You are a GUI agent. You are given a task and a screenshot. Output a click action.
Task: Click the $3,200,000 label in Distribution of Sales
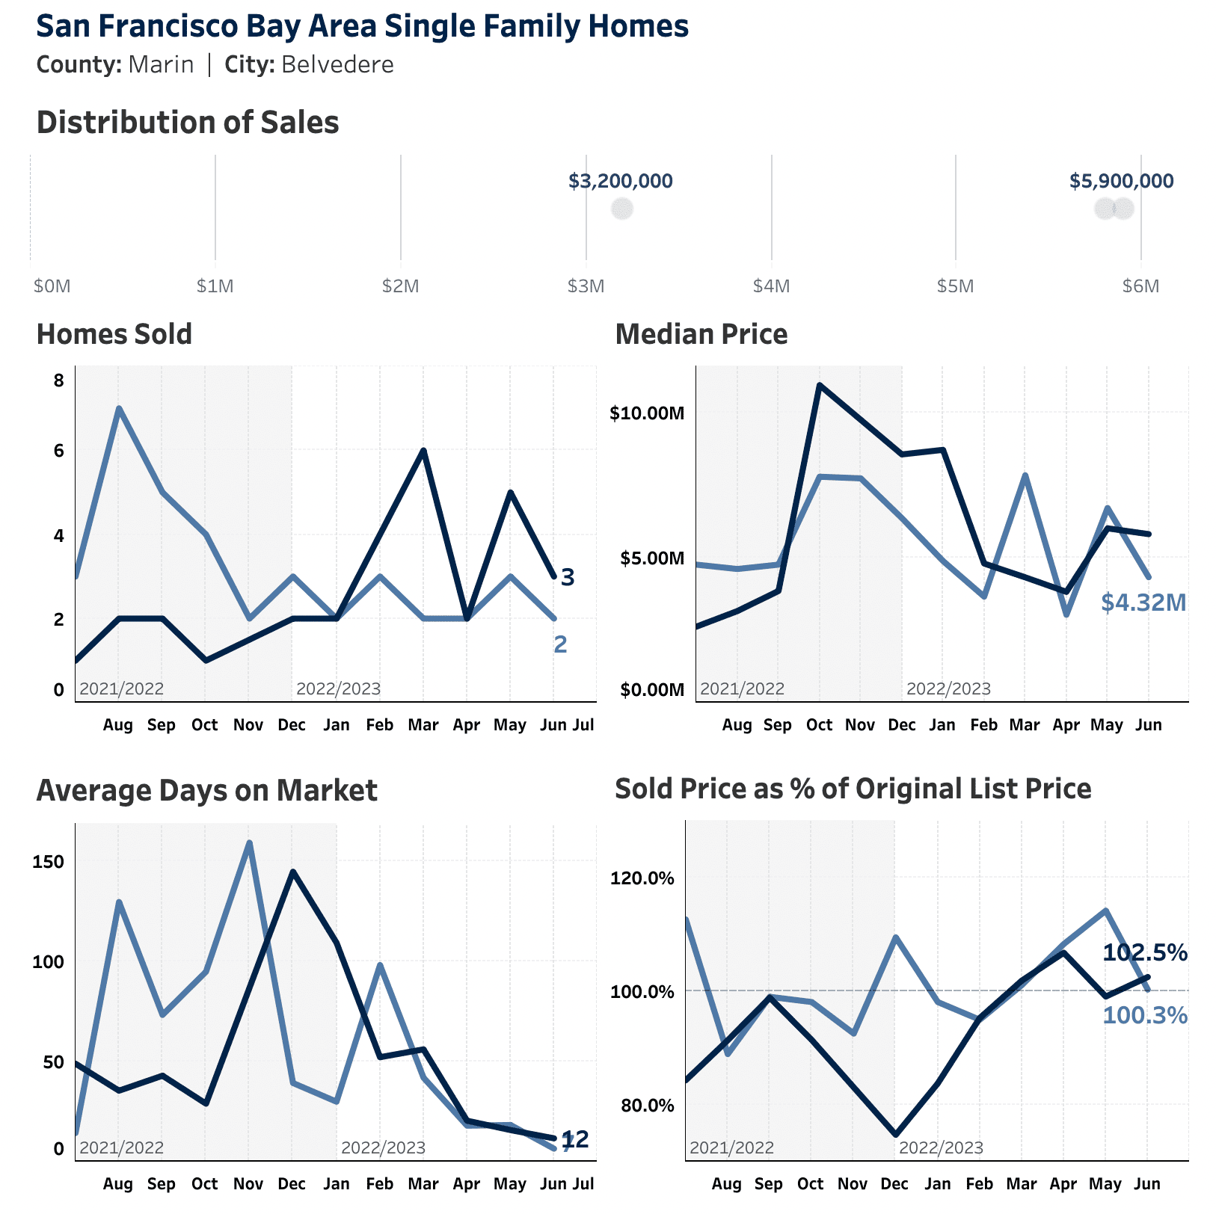pos(620,181)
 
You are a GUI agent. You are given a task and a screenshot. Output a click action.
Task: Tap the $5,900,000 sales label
pos(1121,181)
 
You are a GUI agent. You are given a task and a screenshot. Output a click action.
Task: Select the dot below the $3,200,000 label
pos(621,209)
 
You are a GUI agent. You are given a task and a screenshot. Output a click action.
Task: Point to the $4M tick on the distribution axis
pos(771,286)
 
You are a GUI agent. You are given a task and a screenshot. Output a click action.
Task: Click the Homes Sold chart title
pos(114,334)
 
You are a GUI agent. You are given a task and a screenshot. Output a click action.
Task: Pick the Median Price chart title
pos(701,334)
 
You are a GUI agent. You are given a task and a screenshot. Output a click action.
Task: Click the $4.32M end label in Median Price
pos(1143,602)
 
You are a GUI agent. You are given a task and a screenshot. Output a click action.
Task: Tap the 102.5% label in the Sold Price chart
pos(1145,952)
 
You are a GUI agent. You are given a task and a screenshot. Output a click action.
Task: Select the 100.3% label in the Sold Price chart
pos(1145,1015)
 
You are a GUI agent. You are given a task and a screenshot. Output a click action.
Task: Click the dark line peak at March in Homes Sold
pos(423,450)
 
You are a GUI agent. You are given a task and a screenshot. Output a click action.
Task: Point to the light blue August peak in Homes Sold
pos(118,408)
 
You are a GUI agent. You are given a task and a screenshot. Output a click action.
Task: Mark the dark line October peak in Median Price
pos(820,385)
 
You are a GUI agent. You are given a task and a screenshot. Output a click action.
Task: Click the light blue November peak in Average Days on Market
pos(249,842)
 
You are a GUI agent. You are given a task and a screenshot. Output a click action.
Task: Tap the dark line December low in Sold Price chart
pos(895,1135)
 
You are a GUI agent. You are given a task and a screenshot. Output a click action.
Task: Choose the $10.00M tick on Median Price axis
pos(647,413)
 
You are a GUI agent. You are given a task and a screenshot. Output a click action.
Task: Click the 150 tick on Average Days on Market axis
pos(49,862)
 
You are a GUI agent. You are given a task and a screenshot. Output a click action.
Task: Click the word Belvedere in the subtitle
pos(337,65)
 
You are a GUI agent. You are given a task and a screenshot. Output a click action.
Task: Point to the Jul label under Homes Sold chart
pos(583,724)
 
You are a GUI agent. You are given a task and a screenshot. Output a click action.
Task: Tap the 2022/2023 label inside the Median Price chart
pos(948,688)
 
